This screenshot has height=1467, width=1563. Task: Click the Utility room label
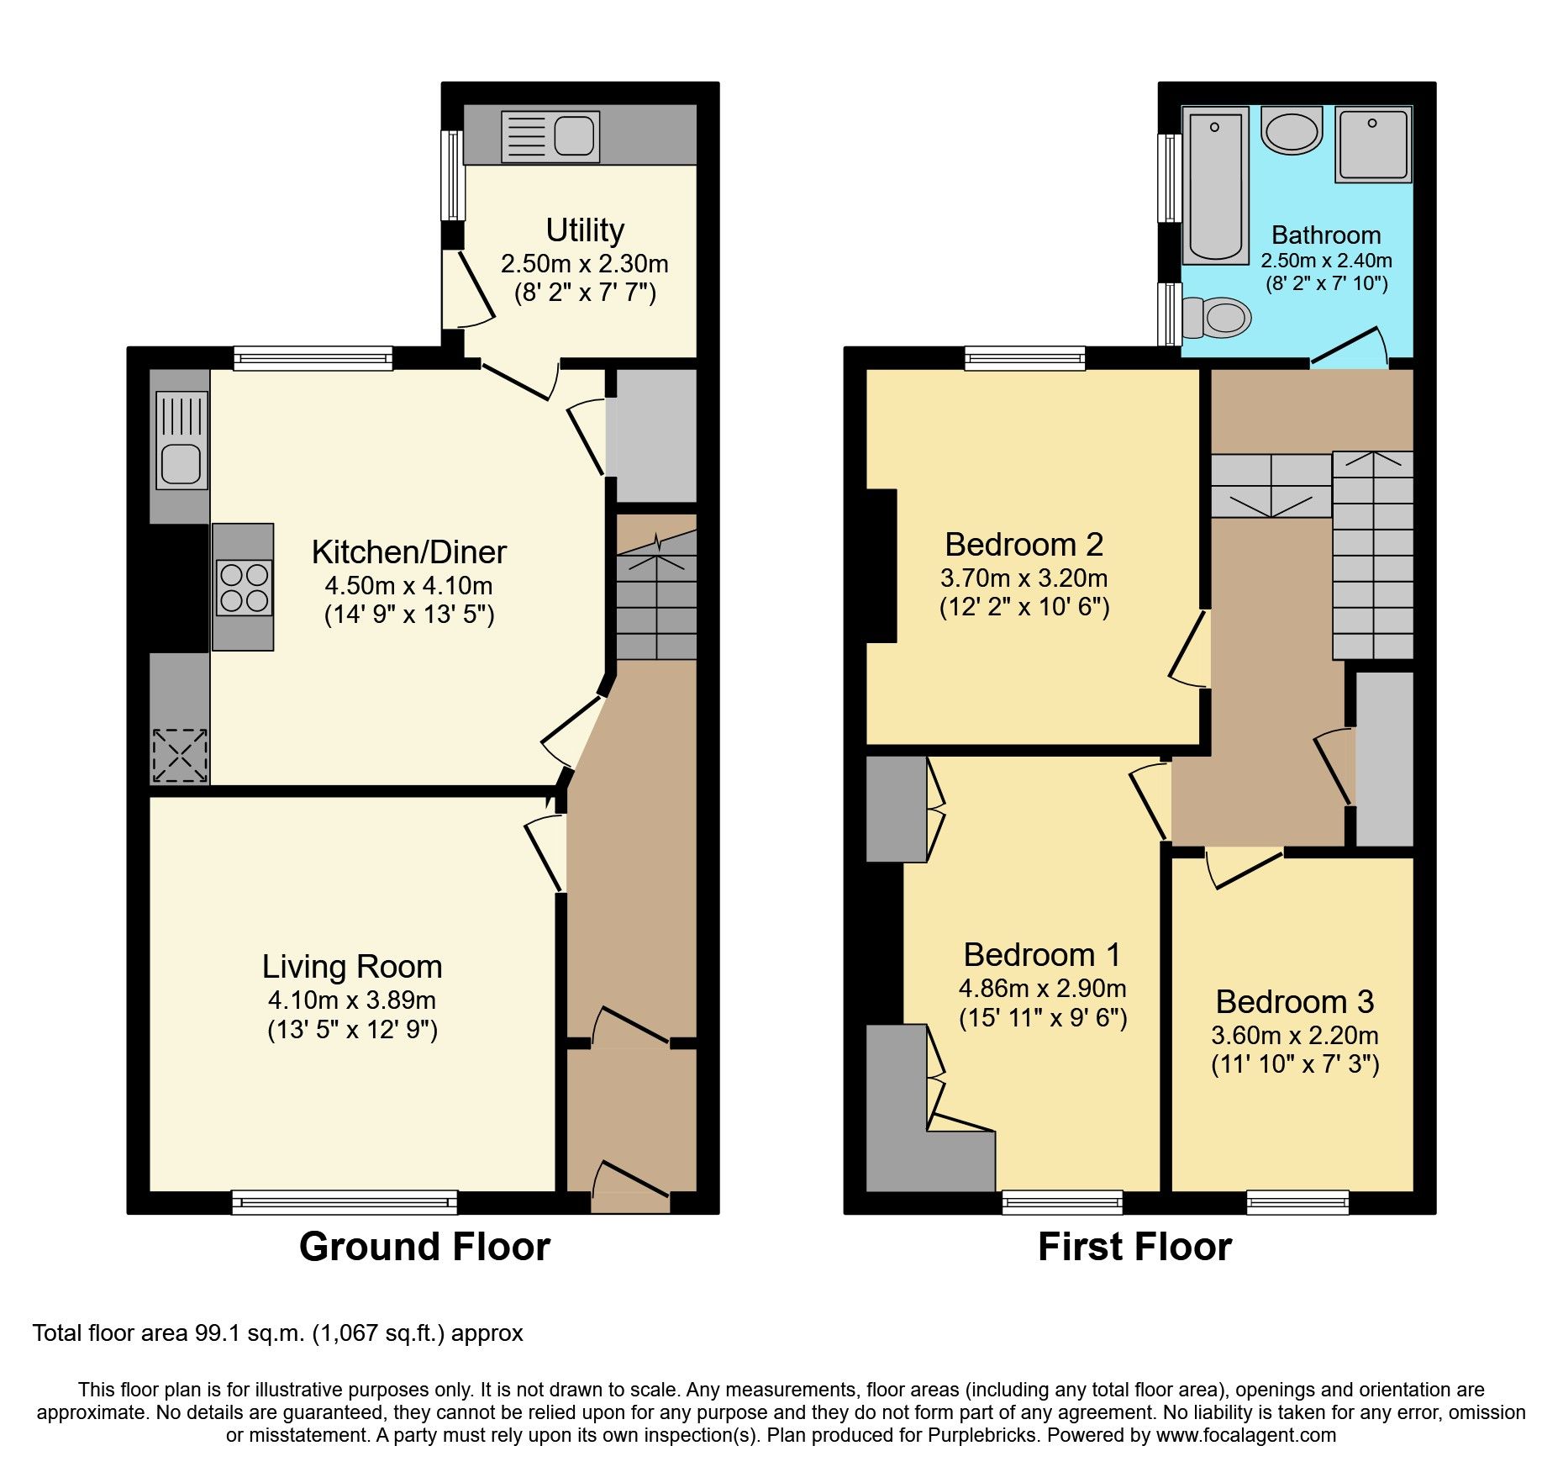pos(585,230)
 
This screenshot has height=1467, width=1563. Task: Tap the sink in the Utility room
pos(550,136)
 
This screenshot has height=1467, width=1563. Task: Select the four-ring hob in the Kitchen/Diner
pos(244,588)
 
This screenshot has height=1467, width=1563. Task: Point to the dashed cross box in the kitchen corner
pos(179,755)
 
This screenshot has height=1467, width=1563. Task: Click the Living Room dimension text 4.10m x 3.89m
pos(351,1000)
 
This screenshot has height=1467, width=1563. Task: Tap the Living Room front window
pos(345,1202)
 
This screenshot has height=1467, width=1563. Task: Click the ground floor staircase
pos(656,597)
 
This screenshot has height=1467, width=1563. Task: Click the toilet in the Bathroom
pos(1216,317)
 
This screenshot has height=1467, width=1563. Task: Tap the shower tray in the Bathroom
pos(1373,145)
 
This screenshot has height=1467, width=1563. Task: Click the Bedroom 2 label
pos(1024,545)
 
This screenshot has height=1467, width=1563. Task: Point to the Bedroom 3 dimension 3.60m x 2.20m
pos(1294,1036)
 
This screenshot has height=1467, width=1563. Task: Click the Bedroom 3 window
pos(1297,1202)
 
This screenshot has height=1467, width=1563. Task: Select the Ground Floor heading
pos(424,1247)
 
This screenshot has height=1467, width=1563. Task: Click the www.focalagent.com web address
pos(1245,1435)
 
